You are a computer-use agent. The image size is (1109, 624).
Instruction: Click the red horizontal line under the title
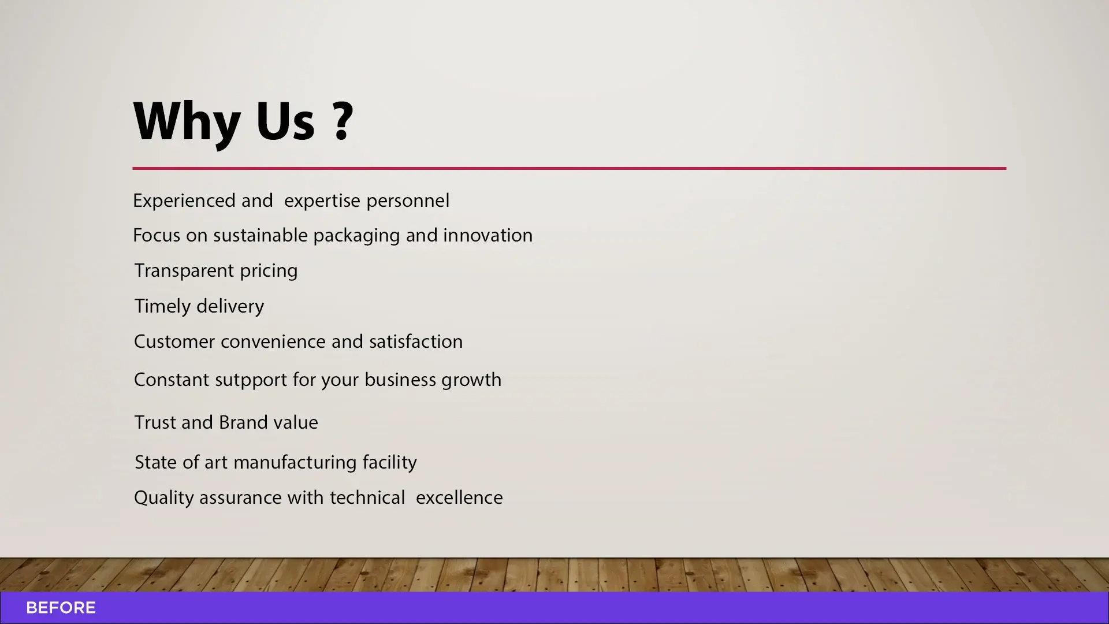coord(569,168)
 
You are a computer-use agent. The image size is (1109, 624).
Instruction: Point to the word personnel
coord(408,201)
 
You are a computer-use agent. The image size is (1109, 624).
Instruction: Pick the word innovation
coord(487,235)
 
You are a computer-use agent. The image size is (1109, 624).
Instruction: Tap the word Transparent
coord(184,271)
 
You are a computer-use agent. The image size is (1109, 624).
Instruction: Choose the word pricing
coord(269,271)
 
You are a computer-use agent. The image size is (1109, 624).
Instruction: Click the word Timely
coord(162,306)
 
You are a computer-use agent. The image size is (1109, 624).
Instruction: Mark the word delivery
coord(230,306)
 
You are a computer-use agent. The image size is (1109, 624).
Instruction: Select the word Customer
coord(174,341)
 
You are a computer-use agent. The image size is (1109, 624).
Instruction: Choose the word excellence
coord(459,497)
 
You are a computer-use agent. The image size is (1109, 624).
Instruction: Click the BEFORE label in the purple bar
coord(61,608)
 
